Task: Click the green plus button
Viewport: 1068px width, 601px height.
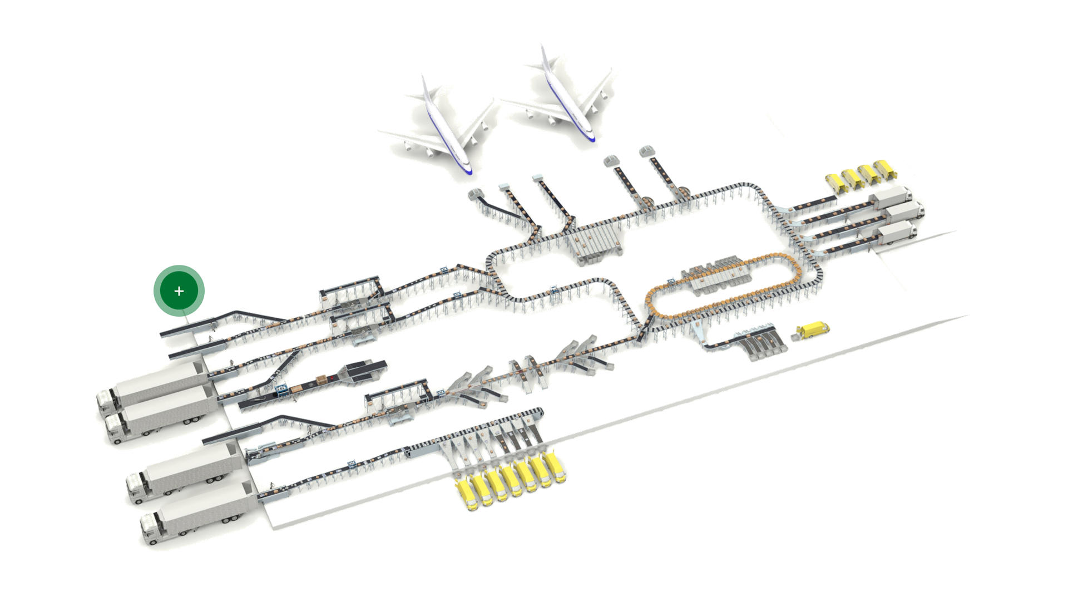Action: point(179,290)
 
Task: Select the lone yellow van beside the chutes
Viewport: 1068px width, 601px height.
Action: point(814,329)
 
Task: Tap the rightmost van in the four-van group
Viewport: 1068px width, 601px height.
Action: point(884,169)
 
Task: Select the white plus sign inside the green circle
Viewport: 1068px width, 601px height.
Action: point(179,290)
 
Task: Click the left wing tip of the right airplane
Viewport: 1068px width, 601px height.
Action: point(502,101)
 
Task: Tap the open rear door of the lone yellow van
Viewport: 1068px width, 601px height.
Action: point(799,333)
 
